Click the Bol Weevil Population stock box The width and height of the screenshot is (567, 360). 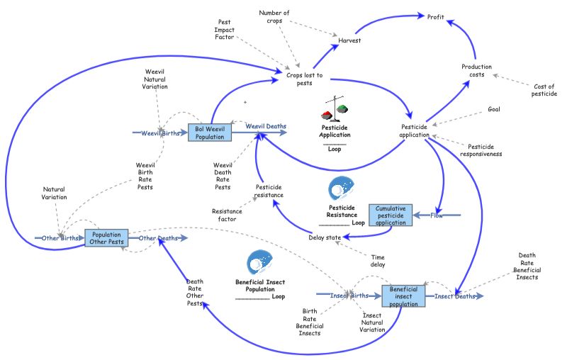[x=210, y=133]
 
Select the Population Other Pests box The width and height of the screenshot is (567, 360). [x=106, y=238]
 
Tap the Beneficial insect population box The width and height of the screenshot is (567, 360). [x=403, y=296]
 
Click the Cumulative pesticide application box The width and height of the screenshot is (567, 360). [x=390, y=215]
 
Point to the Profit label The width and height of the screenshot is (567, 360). [x=436, y=16]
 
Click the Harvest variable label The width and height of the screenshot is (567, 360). [x=349, y=40]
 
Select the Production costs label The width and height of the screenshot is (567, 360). [x=476, y=71]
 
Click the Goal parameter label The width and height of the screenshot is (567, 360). [x=494, y=109]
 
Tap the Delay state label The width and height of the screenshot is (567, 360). [x=325, y=237]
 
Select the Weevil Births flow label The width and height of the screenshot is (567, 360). [x=159, y=133]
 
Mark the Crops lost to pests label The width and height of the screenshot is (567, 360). [x=304, y=78]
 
